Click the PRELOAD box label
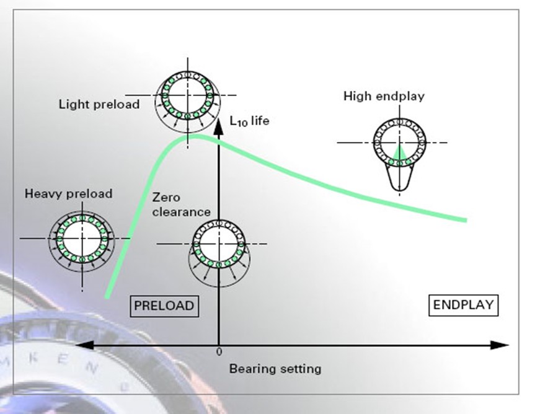coord(164,306)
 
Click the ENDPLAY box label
coord(463,304)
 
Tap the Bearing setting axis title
coord(275,369)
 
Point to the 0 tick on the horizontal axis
coord(219,351)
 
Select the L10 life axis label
coord(249,121)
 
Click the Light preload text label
coord(99,103)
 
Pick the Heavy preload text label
coord(69,193)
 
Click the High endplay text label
coord(384,96)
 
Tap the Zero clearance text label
coord(181,205)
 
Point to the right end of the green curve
coord(465,219)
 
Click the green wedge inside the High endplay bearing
coord(399,152)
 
